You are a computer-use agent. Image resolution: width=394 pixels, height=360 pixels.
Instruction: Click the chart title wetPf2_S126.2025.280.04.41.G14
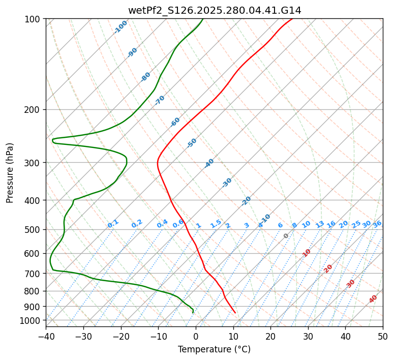click(x=215, y=10)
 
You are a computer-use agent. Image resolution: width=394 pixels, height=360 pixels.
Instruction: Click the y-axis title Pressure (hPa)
click(x=10, y=173)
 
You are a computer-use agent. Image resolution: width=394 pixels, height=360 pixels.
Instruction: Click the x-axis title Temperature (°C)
click(x=214, y=349)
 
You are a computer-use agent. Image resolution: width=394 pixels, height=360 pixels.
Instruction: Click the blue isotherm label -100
click(x=120, y=27)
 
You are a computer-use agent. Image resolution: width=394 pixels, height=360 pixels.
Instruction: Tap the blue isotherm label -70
click(x=160, y=100)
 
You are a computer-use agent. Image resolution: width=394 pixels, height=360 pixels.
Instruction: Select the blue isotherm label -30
click(x=227, y=183)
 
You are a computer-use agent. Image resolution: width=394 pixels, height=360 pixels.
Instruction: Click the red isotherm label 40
click(x=373, y=299)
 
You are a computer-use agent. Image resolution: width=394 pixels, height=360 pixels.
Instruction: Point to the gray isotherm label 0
click(x=286, y=236)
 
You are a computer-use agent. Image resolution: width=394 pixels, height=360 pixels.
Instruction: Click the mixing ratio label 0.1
click(x=113, y=224)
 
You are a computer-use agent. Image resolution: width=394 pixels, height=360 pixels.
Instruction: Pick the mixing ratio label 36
click(x=377, y=224)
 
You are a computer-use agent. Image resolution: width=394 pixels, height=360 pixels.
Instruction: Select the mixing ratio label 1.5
click(x=216, y=224)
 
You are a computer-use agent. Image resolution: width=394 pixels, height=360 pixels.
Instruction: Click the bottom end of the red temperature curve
click(x=235, y=312)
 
